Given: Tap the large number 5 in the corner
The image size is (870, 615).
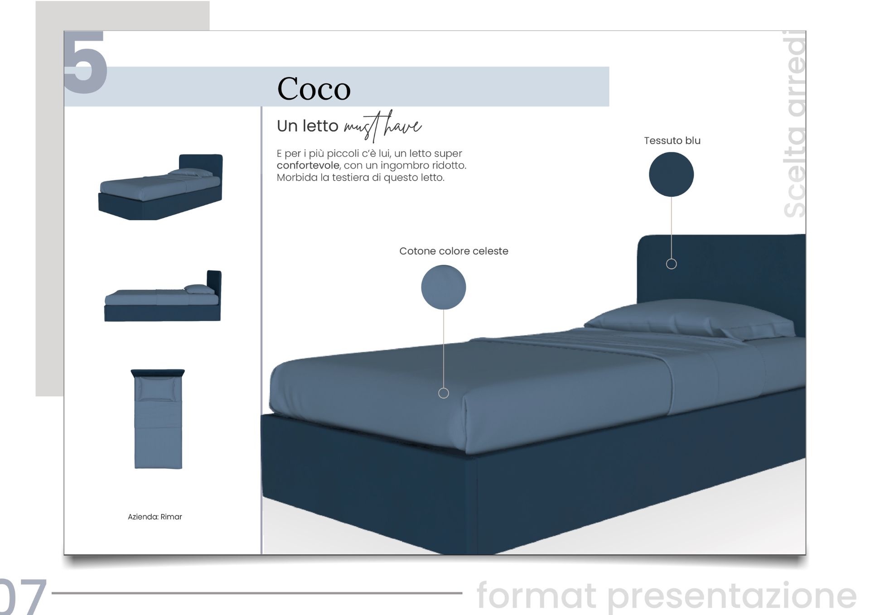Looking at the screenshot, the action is [x=85, y=62].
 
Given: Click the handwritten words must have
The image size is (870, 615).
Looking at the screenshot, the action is [x=382, y=126].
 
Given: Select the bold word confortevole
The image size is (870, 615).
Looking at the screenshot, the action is [x=308, y=165].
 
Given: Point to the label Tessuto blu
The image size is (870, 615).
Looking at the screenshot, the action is [x=672, y=140].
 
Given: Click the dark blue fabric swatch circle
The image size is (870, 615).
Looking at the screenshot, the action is [x=671, y=174].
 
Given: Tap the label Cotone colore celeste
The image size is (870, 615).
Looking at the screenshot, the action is [x=454, y=251].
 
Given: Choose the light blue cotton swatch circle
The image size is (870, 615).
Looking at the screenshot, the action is [x=444, y=287].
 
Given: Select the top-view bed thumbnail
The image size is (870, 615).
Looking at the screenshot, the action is [x=158, y=419].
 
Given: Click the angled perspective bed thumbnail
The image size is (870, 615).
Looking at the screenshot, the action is [x=161, y=187].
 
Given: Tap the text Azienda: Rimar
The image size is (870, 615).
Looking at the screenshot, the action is [x=155, y=517].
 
